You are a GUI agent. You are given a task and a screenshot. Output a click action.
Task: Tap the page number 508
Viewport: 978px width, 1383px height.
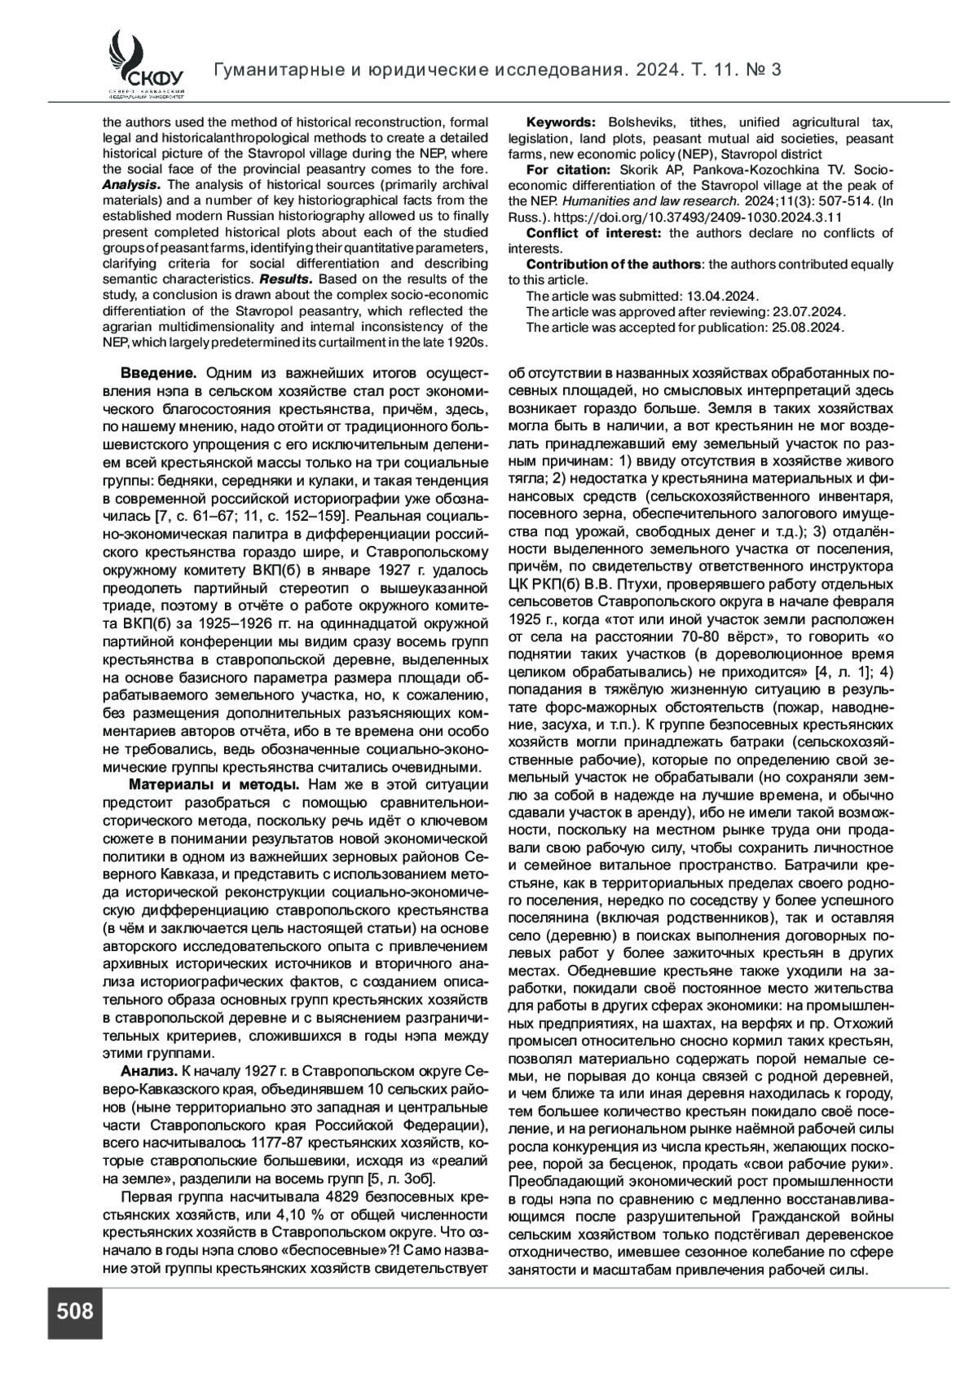click(75, 1311)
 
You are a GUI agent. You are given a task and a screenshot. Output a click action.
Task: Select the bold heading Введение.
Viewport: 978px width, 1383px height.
click(158, 373)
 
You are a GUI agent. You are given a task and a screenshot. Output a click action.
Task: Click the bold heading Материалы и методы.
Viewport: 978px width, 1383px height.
click(216, 784)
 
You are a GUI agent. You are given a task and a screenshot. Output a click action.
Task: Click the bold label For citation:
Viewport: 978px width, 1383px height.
click(568, 170)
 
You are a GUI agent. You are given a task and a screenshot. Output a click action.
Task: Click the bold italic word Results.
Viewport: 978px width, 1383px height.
click(287, 280)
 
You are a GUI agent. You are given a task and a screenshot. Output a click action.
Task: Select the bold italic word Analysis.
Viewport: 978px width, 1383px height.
click(130, 185)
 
